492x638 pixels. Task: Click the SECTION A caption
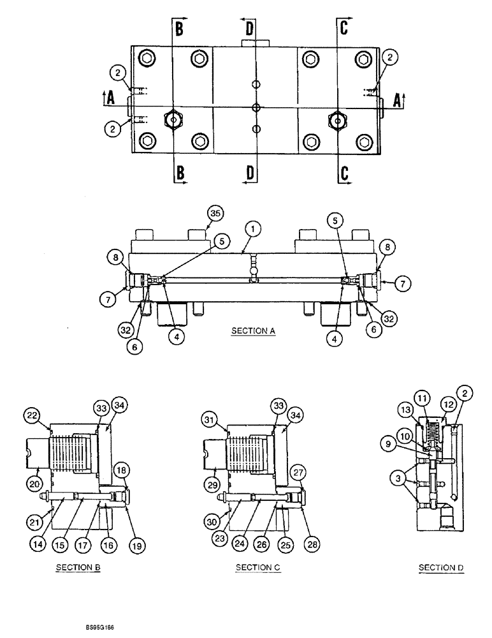(254, 331)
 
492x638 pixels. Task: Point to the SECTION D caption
(440, 567)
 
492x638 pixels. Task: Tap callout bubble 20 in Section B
(34, 484)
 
